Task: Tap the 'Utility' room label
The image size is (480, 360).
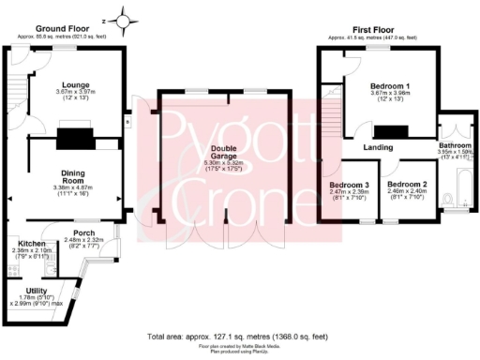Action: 35,290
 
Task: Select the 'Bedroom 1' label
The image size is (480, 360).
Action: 378,83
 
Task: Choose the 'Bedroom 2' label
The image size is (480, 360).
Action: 409,185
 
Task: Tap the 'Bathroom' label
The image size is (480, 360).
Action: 457,146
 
